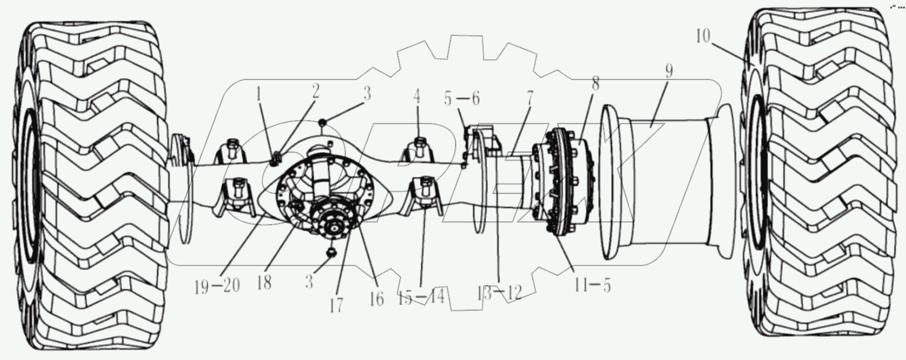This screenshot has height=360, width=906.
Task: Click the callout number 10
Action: click(x=703, y=37)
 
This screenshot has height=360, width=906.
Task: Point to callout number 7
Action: click(x=530, y=99)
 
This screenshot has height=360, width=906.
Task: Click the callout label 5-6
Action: click(x=461, y=98)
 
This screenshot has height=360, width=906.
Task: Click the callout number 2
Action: click(x=315, y=91)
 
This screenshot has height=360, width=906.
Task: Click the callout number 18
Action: click(x=264, y=283)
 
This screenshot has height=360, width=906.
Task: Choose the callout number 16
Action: click(x=377, y=299)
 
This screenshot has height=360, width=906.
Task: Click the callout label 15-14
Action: click(x=422, y=295)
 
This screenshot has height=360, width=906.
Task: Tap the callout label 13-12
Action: click(x=499, y=292)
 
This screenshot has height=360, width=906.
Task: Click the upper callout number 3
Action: click(x=366, y=93)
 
